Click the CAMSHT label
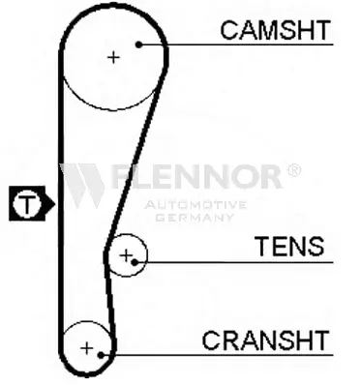tap(276, 30)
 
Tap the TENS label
tap(289, 246)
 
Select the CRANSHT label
tap(265, 341)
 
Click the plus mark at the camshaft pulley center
tap(113, 57)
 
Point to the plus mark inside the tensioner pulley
tap(126, 255)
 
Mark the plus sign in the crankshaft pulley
tap(86, 348)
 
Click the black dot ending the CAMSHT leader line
tap(138, 44)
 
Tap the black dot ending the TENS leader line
tap(135, 262)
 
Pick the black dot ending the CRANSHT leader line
tap(101, 355)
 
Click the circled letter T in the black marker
tap(27, 203)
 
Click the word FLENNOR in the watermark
tap(197, 176)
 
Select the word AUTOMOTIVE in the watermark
tap(195, 205)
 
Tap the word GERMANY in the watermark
tap(195, 217)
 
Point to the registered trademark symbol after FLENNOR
tap(294, 170)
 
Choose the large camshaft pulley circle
tap(113, 110)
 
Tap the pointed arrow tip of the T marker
tap(55, 203)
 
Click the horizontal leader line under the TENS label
tap(234, 262)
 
